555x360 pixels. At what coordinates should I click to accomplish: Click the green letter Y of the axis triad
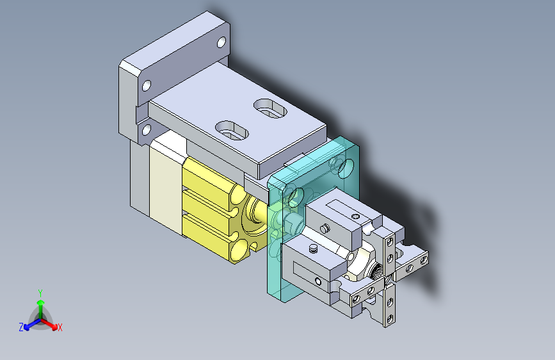(40, 293)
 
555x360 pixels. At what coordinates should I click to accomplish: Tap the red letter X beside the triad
(60, 328)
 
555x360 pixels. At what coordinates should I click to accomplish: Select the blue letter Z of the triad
(21, 327)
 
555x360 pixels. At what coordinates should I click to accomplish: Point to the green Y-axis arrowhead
(41, 302)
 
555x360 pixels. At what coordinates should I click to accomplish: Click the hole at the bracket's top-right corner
(221, 42)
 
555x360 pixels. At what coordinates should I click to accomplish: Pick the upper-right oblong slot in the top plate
(270, 108)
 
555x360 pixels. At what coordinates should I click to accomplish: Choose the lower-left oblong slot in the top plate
(232, 131)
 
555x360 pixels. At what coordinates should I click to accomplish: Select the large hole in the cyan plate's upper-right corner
(346, 168)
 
